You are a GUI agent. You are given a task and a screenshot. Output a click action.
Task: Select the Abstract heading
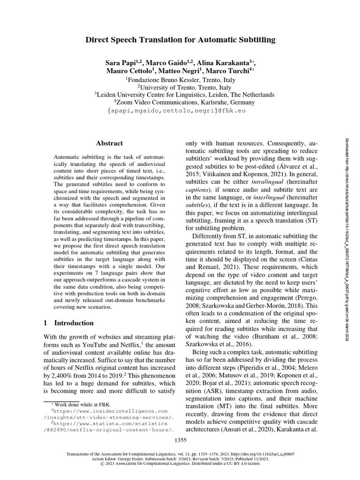click(109, 143)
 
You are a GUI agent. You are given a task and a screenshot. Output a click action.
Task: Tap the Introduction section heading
click(74, 323)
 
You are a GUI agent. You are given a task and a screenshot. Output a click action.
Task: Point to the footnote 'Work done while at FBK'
click(77, 405)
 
